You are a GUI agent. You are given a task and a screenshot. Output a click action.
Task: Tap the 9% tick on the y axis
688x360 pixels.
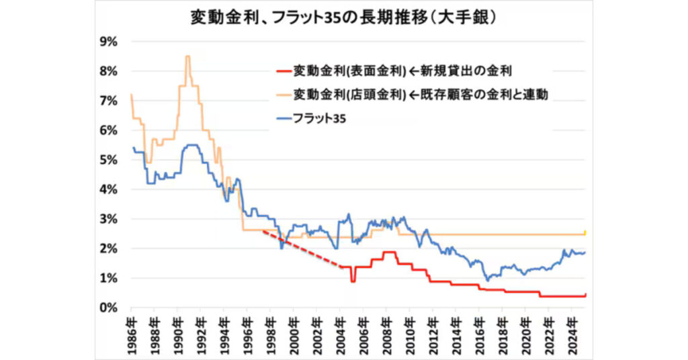point(109,42)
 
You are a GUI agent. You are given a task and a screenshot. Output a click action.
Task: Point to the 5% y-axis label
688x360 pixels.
point(109,160)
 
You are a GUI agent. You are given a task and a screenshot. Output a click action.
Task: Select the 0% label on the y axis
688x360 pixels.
point(109,308)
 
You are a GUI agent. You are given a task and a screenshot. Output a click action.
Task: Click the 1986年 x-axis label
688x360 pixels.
point(131,329)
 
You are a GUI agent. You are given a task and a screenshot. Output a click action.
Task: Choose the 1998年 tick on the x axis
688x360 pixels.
point(270,329)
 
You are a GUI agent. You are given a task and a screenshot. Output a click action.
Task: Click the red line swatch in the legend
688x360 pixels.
point(283,70)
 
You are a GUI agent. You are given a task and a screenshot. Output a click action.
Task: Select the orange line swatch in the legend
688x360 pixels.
point(283,95)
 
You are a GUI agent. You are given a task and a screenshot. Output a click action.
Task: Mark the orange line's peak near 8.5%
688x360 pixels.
point(187,56)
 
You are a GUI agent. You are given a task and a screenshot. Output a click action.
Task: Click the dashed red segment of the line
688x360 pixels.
point(302,249)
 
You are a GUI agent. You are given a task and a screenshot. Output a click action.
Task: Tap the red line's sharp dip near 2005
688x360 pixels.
point(353,280)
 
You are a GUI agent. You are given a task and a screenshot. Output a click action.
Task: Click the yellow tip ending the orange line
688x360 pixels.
point(586,232)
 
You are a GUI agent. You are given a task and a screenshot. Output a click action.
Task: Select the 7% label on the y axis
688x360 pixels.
point(109,101)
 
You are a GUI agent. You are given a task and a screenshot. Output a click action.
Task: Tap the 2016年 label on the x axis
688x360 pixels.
point(478,329)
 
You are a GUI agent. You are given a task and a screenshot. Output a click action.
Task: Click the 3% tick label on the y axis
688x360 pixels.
point(109,219)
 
